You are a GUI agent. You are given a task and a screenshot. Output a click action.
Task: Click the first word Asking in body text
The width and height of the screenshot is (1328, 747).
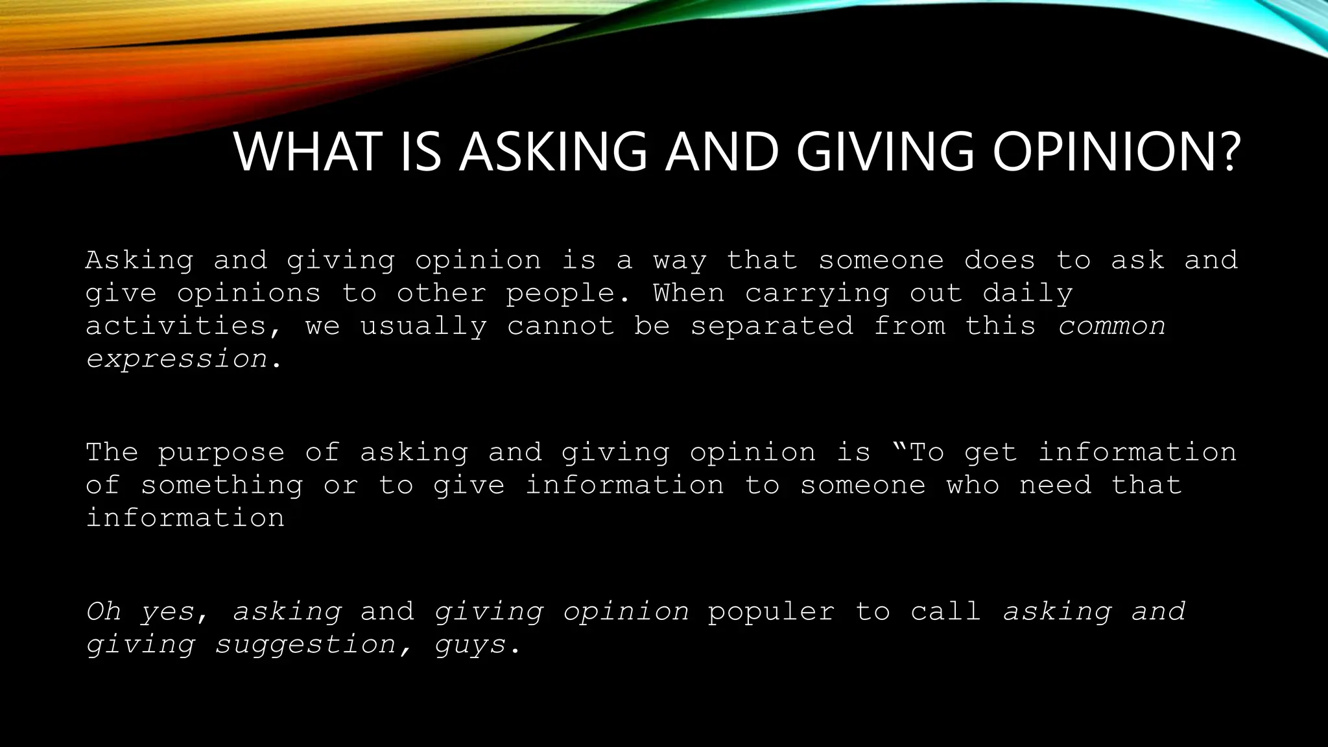tap(139, 261)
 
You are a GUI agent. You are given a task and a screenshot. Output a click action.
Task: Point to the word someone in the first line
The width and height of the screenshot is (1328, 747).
tap(881, 261)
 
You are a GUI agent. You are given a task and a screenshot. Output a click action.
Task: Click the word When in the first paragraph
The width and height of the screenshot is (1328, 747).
tap(689, 293)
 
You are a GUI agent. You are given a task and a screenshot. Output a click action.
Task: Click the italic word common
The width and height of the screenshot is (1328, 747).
tap(1111, 326)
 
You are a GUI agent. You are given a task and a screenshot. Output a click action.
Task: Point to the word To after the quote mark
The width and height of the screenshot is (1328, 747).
tap(927, 452)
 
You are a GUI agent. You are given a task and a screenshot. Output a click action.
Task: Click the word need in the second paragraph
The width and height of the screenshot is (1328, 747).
tap(1055, 485)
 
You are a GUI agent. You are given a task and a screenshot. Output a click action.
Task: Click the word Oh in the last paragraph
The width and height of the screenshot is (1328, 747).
tap(104, 611)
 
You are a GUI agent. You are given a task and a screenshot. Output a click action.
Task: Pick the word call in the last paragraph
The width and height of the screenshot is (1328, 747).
tap(945, 611)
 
